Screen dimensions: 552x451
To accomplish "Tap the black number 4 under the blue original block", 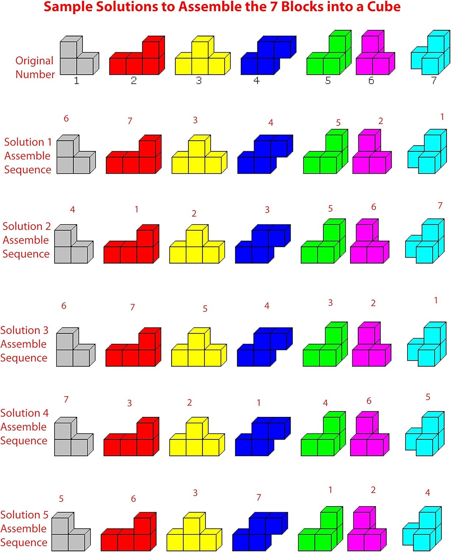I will (257, 80).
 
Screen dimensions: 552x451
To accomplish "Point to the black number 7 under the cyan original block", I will (434, 80).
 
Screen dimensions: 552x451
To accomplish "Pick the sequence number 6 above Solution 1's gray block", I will (66, 118).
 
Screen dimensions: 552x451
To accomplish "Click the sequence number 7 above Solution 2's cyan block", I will (440, 206).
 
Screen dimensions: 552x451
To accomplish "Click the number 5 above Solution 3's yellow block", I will (205, 309).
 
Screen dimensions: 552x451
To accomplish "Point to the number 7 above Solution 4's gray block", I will (66, 400).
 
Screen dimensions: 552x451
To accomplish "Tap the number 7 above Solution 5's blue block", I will (259, 498).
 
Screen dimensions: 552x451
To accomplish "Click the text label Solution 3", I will (24, 330).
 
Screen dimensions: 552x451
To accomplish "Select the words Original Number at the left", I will (35, 67).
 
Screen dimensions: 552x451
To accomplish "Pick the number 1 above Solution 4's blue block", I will (259, 403).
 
